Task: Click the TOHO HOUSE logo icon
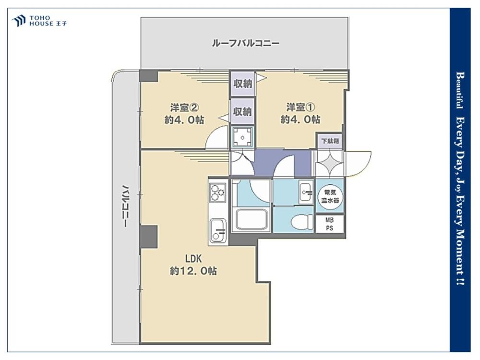point(18,21)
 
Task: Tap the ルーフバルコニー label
point(245,43)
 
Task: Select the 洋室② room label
point(185,108)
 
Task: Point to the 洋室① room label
point(300,107)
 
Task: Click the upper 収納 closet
point(243,83)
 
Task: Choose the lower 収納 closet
point(243,111)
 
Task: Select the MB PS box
point(329,224)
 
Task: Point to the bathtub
point(252,219)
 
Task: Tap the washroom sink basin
point(306,192)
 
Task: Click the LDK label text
point(193,259)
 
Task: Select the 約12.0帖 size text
point(193,271)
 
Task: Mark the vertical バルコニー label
point(125,206)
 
